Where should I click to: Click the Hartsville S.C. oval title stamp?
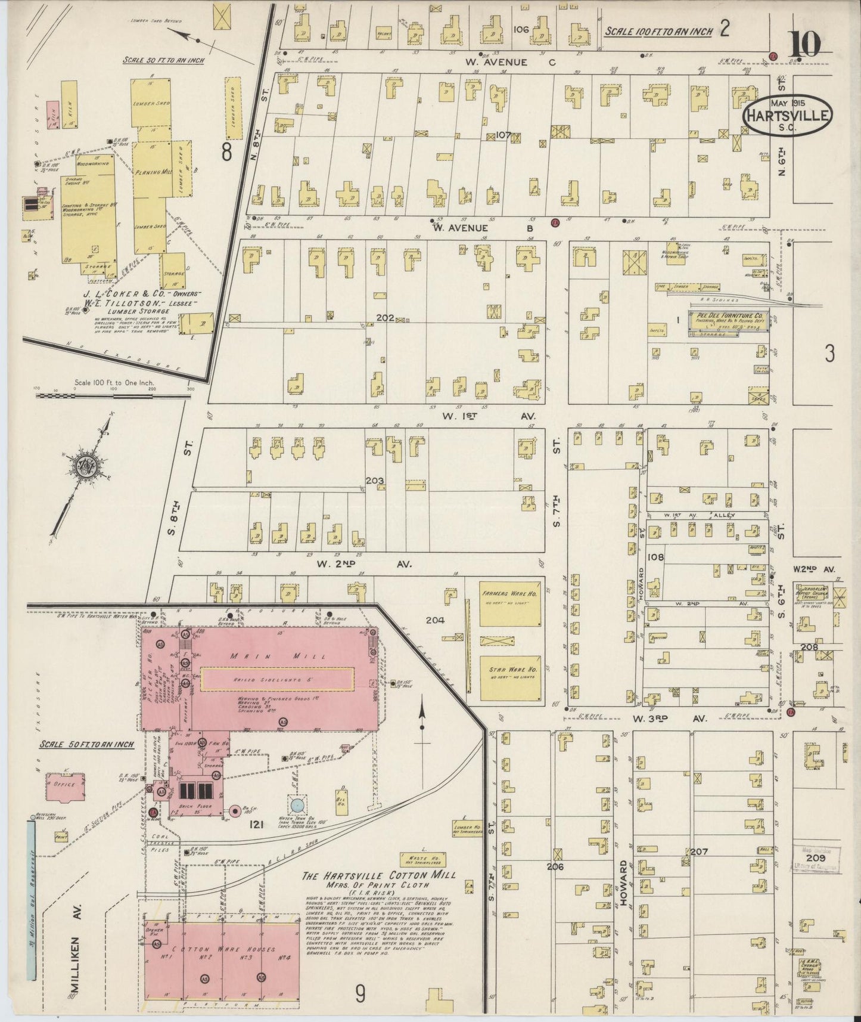788,115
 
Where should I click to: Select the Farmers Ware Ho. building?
510,604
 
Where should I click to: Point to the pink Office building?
66,785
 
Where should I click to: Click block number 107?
503,135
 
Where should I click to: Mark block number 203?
375,481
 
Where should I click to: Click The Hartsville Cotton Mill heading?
378,876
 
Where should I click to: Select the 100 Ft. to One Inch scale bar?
113,395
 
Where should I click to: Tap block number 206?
555,866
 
